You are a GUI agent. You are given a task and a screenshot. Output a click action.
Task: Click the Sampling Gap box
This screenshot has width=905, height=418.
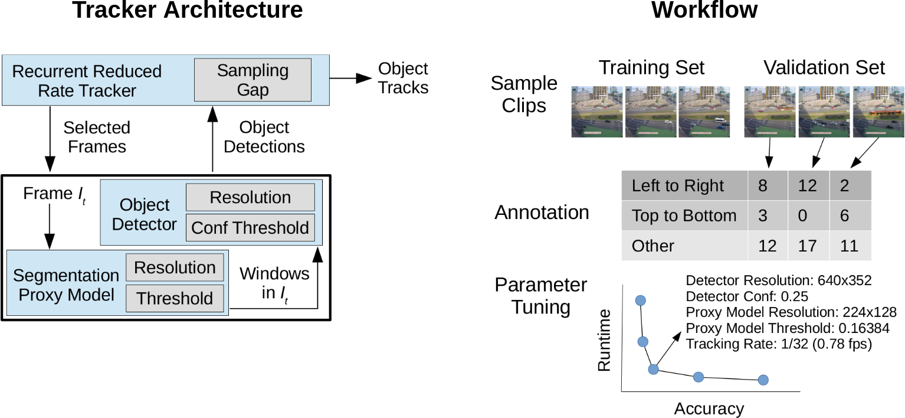[x=253, y=80]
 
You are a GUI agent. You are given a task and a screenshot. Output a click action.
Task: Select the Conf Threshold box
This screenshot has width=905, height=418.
[x=250, y=228]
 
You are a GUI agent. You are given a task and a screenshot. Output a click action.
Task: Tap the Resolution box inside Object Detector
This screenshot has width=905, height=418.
[x=250, y=197]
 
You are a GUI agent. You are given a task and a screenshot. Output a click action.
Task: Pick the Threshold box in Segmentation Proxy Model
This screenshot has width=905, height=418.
[x=175, y=299]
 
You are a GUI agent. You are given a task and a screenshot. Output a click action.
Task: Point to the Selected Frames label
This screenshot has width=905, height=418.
[x=97, y=137]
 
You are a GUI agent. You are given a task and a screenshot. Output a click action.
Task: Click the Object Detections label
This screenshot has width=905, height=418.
[x=264, y=137]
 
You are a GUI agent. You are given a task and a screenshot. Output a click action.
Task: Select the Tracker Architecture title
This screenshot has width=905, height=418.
[x=188, y=11]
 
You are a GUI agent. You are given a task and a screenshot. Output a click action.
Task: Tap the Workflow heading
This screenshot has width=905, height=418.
[x=704, y=11]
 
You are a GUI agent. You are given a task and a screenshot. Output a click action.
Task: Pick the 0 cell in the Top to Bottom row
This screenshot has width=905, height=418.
[x=808, y=216]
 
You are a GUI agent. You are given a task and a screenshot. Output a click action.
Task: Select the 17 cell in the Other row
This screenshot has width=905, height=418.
[x=808, y=246]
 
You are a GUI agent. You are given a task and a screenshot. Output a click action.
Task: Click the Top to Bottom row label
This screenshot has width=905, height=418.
[x=684, y=216]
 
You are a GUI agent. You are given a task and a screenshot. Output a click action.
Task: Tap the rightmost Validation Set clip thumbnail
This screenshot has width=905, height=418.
[x=878, y=112]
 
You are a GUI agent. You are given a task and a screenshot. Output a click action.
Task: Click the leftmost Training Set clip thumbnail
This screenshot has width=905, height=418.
[x=597, y=112]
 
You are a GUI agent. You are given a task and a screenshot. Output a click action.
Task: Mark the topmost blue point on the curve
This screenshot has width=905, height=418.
[x=641, y=301]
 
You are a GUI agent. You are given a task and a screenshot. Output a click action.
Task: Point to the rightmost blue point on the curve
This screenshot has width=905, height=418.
[x=763, y=380]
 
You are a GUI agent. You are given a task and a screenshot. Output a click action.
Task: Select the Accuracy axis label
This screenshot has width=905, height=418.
[x=709, y=409]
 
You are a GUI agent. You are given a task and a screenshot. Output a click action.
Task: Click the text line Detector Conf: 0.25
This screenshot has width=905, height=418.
[x=747, y=296]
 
